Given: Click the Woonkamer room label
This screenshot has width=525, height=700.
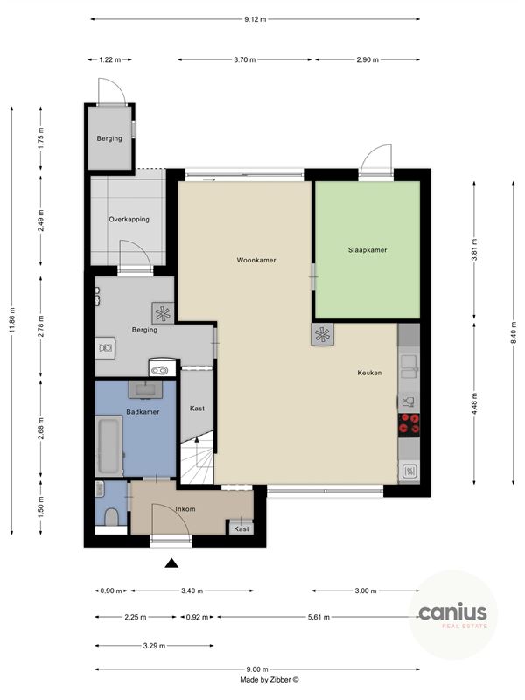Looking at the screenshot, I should coord(249,260).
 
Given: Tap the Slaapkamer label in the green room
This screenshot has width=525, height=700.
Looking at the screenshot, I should coord(367,249).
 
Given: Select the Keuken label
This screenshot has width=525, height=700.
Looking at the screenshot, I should coord(369,373).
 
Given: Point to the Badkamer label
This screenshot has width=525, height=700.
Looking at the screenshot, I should coord(142,411).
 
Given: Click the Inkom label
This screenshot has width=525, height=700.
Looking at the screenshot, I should coord(185,508).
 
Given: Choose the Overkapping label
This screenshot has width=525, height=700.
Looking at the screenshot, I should coord(129,219).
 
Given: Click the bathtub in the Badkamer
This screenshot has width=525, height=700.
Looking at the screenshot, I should coord(108,446).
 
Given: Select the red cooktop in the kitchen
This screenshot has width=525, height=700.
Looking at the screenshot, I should coord(409,424).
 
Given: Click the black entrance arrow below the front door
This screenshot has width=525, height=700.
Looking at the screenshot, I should coord(172,564).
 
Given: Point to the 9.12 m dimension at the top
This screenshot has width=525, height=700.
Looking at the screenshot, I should coord(255,18).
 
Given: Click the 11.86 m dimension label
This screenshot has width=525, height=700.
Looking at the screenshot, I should coord(12,320).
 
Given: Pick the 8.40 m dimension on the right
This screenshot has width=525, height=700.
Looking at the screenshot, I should coord(514,332).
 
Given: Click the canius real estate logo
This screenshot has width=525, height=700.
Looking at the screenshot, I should coord(452,615).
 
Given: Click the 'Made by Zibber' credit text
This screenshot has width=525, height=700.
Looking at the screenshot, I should coord(269,679).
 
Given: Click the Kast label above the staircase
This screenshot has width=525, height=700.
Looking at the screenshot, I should coord(198,409).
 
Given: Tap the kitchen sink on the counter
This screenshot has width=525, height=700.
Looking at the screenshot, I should coord(408,360).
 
